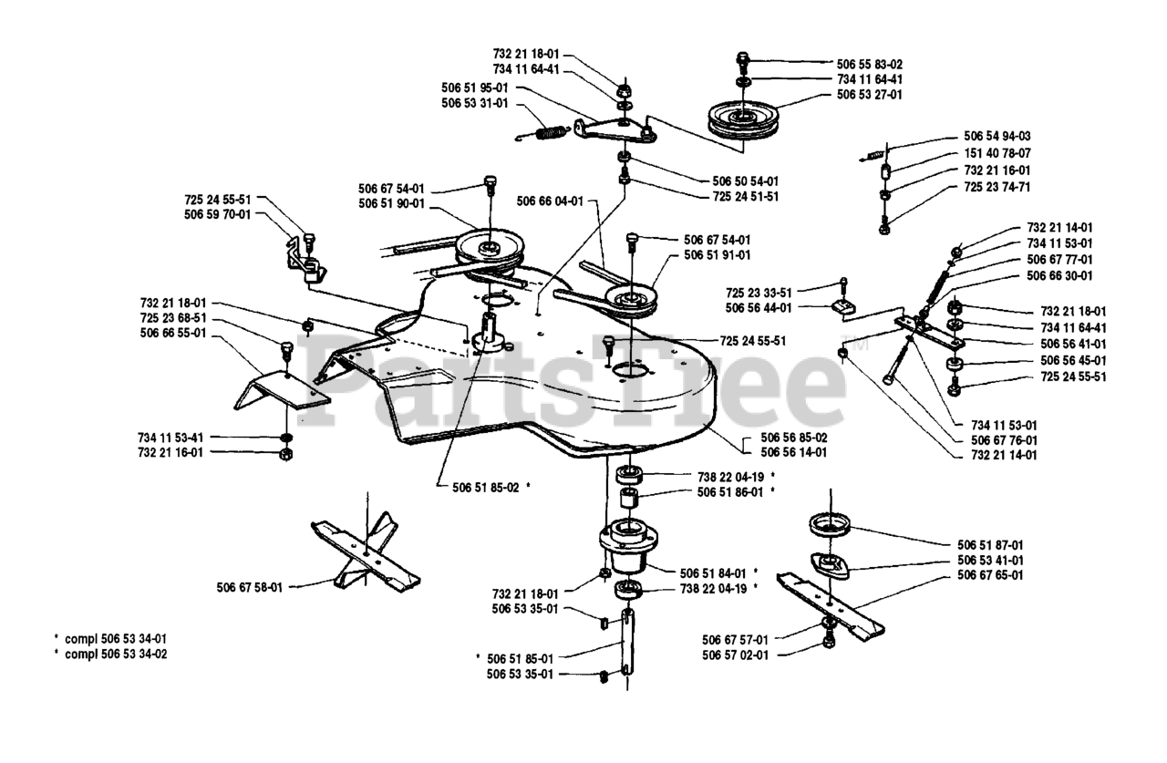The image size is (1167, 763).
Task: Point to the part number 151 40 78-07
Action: [997, 153]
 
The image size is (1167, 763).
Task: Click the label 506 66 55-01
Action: [173, 334]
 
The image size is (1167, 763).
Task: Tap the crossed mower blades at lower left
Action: [365, 554]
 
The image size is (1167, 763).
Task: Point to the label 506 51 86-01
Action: [729, 492]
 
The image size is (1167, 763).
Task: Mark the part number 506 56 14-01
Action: [793, 451]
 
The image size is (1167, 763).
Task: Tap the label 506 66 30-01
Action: [1059, 275]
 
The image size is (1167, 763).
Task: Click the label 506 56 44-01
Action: [759, 308]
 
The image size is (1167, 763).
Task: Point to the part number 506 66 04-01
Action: [549, 201]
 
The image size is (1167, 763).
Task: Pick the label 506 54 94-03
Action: [997, 136]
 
